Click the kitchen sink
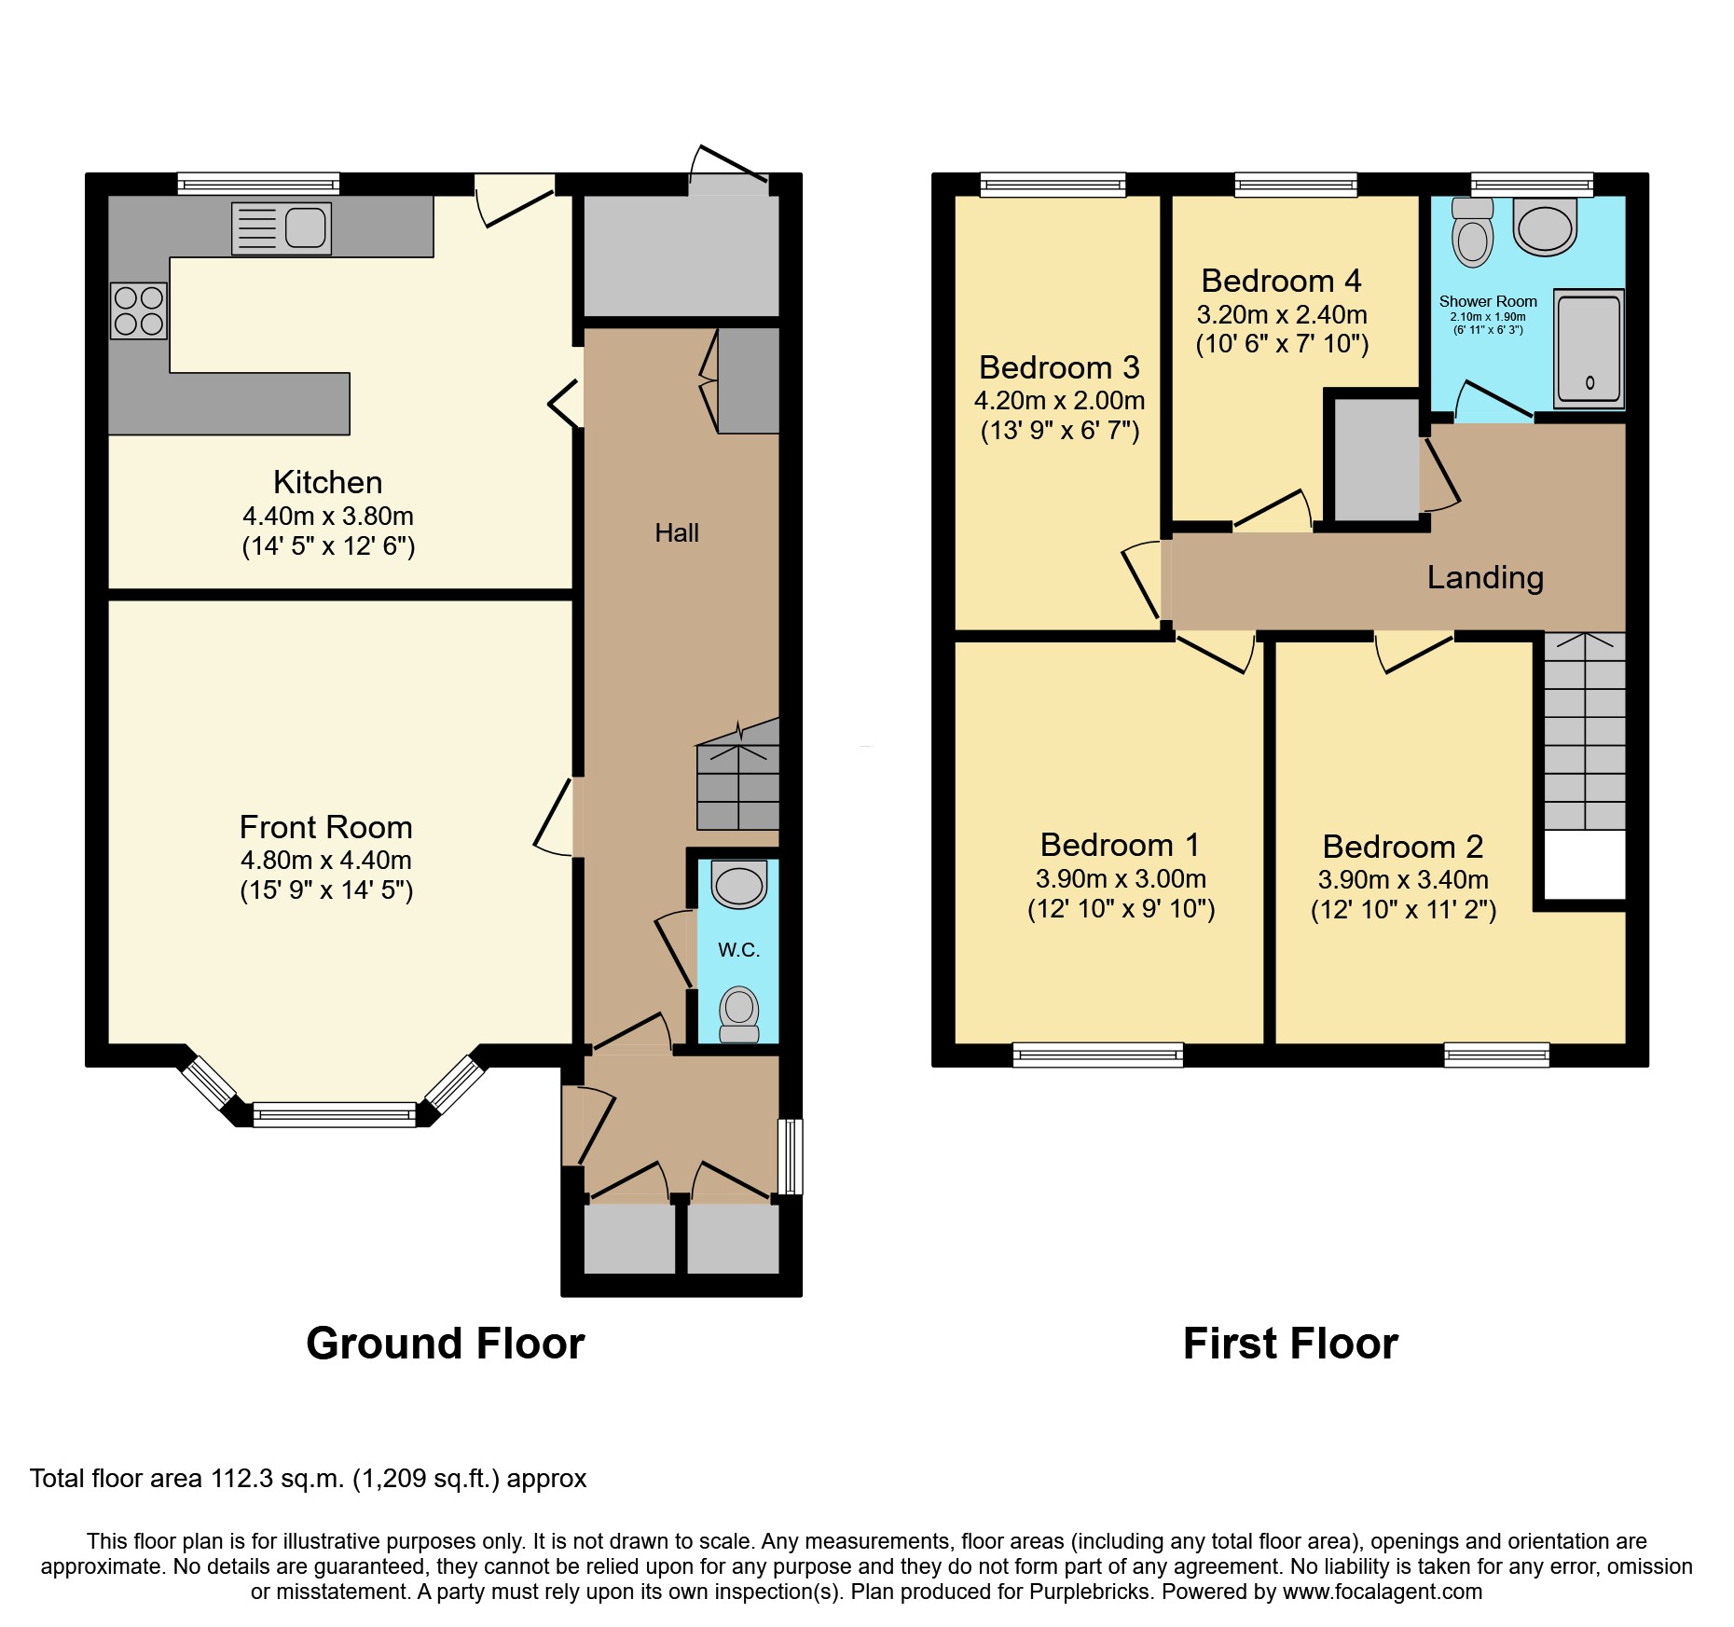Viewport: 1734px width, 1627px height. [281, 228]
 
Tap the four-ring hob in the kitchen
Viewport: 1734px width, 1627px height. [139, 310]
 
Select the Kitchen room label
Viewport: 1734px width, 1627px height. [328, 482]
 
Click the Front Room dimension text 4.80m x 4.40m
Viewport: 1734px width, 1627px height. [326, 860]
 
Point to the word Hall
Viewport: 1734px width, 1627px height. [677, 533]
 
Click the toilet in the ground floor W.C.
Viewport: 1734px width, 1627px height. [739, 1014]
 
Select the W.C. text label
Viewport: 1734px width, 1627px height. [739, 950]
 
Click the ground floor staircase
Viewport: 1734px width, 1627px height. [738, 774]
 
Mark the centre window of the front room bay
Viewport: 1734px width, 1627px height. [335, 1114]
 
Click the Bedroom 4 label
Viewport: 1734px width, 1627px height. [1282, 281]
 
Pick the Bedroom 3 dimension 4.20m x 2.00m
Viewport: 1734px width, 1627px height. [1060, 401]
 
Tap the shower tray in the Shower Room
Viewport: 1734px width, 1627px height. [1589, 348]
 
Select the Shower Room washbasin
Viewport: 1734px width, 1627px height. [1545, 227]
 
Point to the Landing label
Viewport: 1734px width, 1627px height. [1485, 578]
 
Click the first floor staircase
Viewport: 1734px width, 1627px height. [1585, 731]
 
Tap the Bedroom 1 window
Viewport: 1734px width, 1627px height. [1098, 1055]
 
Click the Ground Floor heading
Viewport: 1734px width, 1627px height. [446, 1344]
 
